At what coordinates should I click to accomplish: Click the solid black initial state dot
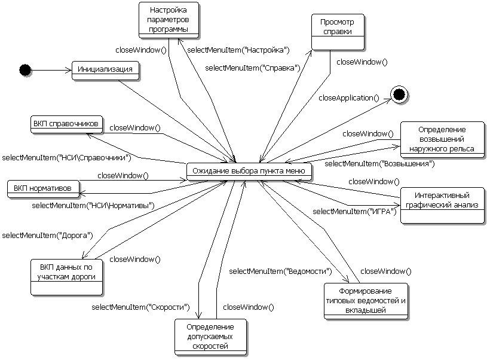click(24, 70)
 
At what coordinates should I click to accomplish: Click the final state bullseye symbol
click(399, 93)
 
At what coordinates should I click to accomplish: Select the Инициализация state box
click(105, 69)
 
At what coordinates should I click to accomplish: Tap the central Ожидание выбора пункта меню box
click(249, 171)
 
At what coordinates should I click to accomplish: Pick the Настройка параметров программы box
click(168, 19)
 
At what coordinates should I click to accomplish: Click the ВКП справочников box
click(66, 124)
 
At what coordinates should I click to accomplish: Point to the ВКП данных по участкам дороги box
click(67, 273)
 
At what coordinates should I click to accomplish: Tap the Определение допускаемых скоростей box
click(210, 337)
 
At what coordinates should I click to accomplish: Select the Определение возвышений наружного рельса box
click(442, 139)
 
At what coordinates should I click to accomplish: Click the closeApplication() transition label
click(349, 97)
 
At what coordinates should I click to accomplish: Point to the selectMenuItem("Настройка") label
click(238, 50)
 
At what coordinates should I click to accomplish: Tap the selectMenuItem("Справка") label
click(253, 68)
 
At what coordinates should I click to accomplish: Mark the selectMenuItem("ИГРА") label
click(355, 211)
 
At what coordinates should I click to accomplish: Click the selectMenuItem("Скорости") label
click(141, 307)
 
